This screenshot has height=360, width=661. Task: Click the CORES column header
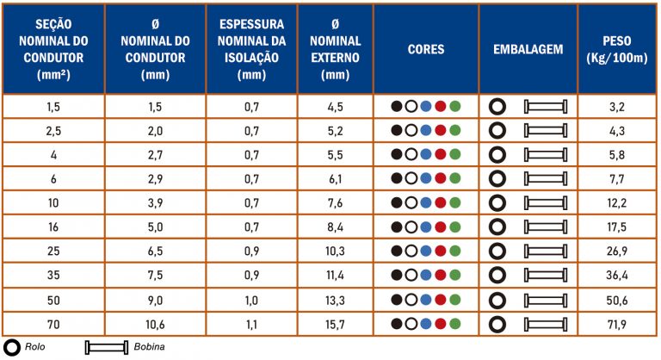pos(426,49)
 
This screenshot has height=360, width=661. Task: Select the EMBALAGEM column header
pos(528,49)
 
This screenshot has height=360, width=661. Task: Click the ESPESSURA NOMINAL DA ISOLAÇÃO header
pos(251,49)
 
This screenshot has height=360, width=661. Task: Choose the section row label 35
pos(53,276)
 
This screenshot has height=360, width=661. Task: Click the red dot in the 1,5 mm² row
pos(441,107)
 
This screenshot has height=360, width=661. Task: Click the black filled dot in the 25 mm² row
pos(397,251)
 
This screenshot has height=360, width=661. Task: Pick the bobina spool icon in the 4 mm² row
pos(546,155)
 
